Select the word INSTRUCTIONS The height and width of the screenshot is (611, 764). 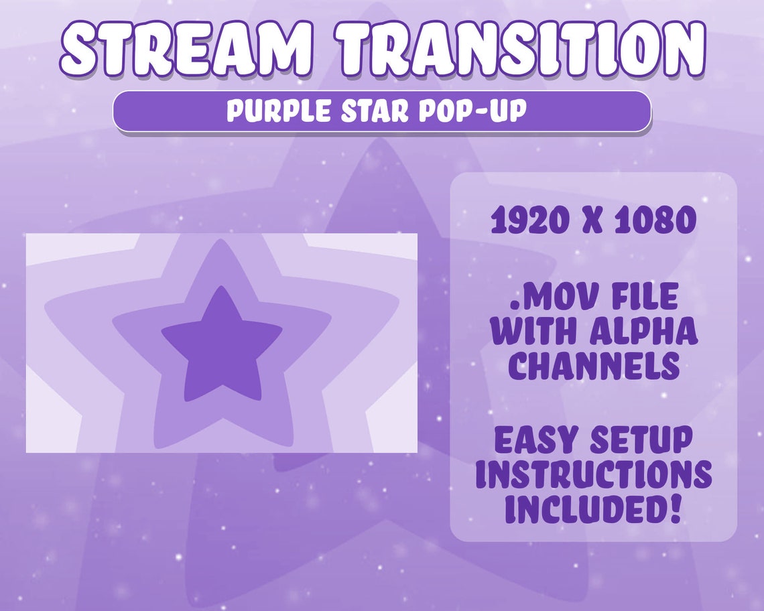(594, 475)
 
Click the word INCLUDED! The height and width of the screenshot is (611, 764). (594, 510)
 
